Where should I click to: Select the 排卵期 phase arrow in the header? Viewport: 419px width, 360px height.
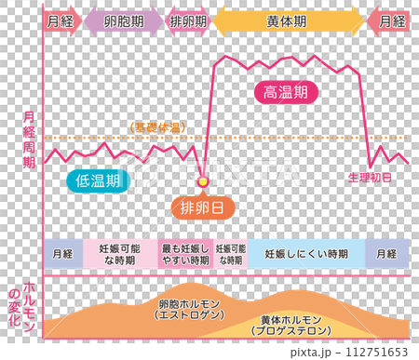coord(189,20)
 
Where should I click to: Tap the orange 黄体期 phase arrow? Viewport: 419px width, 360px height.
coord(289,20)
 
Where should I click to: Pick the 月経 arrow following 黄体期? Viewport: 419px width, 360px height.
coord(387,20)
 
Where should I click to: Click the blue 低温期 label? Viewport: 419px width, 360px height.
coord(98,180)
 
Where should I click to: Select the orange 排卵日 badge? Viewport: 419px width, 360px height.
coord(202,207)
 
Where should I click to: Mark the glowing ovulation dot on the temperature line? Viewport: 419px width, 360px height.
coord(202,178)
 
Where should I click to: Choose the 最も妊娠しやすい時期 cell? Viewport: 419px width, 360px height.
coord(185,254)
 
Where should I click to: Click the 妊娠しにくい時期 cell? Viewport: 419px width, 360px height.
coord(306,254)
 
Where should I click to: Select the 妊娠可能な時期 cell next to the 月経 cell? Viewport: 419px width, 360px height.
coord(120,254)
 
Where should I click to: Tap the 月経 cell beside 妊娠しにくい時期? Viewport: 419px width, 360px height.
coord(386,254)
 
